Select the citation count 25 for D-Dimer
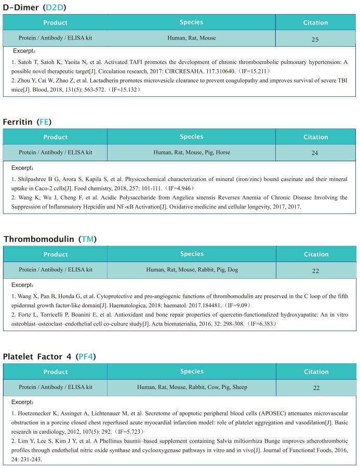(315, 39)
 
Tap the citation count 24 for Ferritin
(315, 153)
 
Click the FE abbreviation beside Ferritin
(45, 122)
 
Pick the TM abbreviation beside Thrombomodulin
(88, 239)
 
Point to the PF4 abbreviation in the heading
(86, 356)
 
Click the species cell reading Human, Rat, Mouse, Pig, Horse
(192, 153)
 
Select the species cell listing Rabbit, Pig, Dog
(192, 270)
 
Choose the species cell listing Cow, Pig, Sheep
(192, 387)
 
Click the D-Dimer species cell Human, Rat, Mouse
(192, 38)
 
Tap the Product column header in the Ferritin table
(56, 137)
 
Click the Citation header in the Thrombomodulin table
(316, 254)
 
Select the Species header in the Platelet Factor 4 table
(192, 371)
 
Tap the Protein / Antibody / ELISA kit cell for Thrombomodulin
(56, 270)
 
